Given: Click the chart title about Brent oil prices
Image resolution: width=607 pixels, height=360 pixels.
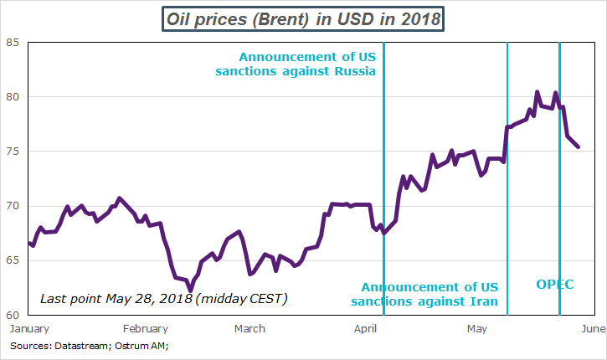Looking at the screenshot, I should coord(302,18).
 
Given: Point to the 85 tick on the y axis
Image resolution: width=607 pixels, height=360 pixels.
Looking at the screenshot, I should coord(13,43).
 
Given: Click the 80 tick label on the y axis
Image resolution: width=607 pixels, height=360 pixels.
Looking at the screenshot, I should coord(13,97).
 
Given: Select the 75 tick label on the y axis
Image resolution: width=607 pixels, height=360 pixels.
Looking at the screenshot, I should coord(13,152).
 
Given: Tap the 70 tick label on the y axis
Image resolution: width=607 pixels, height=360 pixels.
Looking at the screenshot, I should coord(13,206).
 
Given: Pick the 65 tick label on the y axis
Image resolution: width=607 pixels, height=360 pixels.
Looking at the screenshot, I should coord(13,260).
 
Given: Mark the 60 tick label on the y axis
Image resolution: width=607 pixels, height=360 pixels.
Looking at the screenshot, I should coord(13,315).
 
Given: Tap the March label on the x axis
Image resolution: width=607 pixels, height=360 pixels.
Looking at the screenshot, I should coord(250,328).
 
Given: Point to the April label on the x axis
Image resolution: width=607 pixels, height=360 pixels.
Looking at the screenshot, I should coord(363,328).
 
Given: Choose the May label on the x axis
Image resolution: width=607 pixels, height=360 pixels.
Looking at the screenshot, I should coord(476,328).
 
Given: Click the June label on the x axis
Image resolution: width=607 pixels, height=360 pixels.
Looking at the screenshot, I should coord(593,328).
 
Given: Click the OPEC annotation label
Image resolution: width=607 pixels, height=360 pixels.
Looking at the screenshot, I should coord(555,285).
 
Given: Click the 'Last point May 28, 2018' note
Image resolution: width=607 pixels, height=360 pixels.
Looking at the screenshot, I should coord(162,298).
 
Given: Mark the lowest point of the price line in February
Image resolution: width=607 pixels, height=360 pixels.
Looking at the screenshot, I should coord(190,291).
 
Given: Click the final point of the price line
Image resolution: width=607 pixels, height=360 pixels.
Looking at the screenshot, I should coord(579,147).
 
